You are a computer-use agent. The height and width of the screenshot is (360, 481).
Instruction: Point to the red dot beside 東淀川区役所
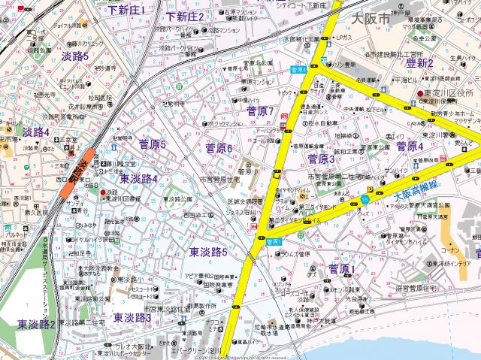(420, 93)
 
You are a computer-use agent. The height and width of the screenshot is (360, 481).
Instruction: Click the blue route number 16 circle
(365, 198)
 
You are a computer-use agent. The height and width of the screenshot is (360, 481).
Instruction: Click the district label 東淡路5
(208, 252)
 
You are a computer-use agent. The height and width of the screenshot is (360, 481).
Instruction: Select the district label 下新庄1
(126, 10)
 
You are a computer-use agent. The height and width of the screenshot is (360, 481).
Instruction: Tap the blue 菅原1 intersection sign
(274, 241)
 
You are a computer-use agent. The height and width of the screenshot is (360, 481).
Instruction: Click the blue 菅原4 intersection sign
(298, 68)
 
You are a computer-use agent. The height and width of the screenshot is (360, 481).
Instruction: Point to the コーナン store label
(452, 250)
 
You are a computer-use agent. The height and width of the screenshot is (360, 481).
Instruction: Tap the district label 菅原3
(322, 159)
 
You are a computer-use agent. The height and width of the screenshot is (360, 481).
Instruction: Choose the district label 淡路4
(35, 132)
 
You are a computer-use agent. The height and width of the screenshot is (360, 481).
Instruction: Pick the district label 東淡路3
(133, 318)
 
